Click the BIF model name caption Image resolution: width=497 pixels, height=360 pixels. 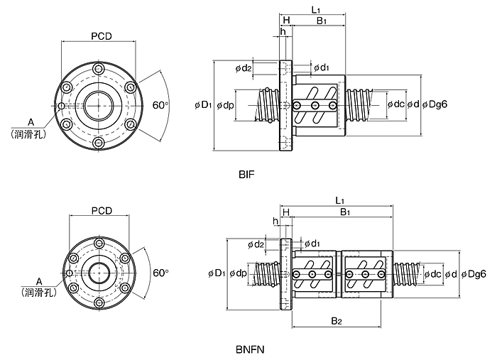[246, 174]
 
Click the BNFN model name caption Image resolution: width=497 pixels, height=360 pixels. [250, 349]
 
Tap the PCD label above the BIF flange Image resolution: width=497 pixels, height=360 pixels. [102, 36]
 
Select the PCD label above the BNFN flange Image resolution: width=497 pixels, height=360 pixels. [102, 210]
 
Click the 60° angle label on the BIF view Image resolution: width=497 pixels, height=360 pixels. [160, 105]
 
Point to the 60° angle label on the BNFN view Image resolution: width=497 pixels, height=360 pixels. [160, 273]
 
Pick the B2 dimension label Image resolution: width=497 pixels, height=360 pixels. [337, 321]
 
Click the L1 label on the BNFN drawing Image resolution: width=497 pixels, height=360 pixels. [339, 200]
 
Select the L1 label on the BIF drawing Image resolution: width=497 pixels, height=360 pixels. [316, 9]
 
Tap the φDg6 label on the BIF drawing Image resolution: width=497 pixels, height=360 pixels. [435, 104]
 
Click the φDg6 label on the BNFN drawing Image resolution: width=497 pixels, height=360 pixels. [474, 274]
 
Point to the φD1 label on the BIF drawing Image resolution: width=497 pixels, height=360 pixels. [203, 104]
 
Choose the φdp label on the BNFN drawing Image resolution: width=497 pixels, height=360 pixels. [238, 273]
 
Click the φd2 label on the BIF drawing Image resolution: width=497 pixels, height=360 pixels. [244, 68]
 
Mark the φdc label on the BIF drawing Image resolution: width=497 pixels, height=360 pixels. [396, 104]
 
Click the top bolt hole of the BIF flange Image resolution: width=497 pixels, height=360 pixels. [99, 69]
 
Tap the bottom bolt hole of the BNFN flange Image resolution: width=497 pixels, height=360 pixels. [99, 302]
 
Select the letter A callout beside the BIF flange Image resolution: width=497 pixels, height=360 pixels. [31, 121]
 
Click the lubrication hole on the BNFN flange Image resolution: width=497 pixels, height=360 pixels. [70, 273]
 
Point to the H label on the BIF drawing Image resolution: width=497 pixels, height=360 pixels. [286, 21]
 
